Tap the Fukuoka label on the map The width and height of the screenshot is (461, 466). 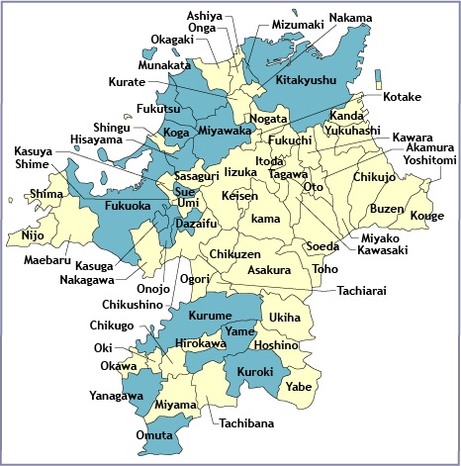128,207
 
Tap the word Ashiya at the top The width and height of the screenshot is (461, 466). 205,17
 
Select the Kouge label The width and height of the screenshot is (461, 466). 427,215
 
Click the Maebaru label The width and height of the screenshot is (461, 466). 47,261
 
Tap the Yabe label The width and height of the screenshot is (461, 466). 299,387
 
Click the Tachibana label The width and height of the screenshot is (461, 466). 240,423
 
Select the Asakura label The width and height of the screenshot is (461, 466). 268,269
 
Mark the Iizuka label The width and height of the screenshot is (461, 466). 240,172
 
